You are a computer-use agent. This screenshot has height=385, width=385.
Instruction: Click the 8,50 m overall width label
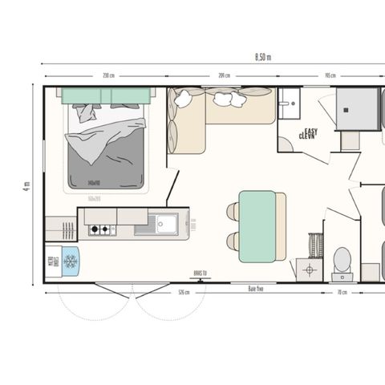pyautogui.click(x=263, y=57)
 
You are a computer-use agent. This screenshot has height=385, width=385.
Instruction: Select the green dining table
pyautogui.click(x=257, y=225)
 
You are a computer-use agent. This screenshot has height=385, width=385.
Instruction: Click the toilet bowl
pyautogui.click(x=342, y=259)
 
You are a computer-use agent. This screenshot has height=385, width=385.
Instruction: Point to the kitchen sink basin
pyautogui.click(x=167, y=224)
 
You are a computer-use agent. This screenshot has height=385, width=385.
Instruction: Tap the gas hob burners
pyautogui.click(x=102, y=230)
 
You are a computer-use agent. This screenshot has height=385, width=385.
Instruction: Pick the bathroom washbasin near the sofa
pyautogui.click(x=290, y=102)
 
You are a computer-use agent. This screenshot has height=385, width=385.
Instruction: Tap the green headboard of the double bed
pyautogui.click(x=107, y=95)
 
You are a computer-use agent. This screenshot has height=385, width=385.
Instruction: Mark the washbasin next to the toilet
pyautogui.click(x=309, y=269)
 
